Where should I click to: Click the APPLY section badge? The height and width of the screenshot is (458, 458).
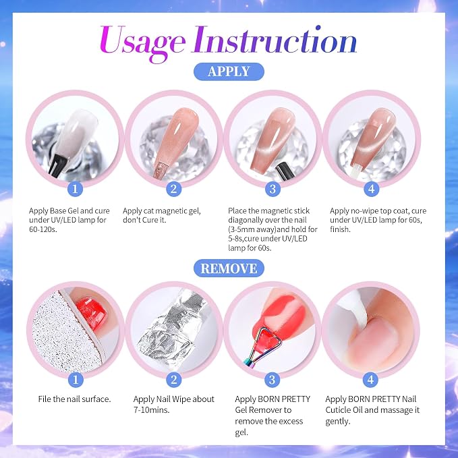[x=229, y=71]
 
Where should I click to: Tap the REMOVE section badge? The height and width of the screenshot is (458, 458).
[x=229, y=268]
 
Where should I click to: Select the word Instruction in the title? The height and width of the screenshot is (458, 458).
[x=275, y=40]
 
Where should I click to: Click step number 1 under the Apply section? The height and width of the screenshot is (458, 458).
[x=75, y=189]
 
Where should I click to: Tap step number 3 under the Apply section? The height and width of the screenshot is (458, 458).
[x=273, y=189]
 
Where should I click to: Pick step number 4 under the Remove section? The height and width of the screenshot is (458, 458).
[x=371, y=380]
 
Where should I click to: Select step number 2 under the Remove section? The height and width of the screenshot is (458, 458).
[x=174, y=380]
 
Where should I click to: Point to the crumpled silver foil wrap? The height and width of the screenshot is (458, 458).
[x=172, y=328]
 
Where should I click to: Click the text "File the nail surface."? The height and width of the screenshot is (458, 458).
[x=74, y=399]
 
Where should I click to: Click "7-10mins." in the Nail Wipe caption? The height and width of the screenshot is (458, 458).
[x=151, y=410]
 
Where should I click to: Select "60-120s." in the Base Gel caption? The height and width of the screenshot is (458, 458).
[x=43, y=229]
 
